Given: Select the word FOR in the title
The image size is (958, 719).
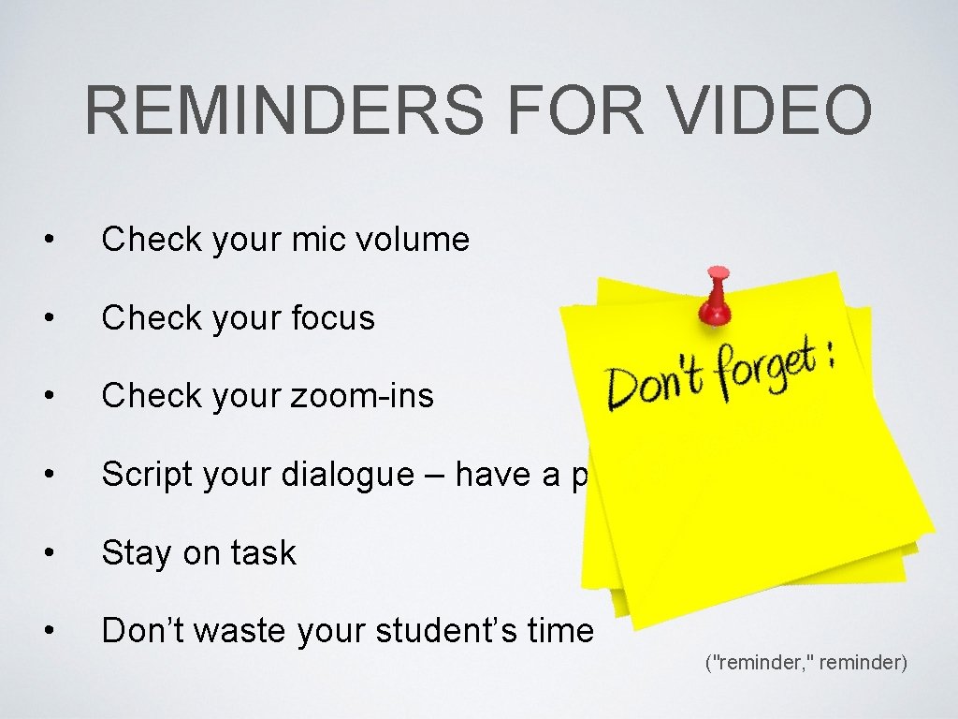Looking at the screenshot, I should (x=572, y=110).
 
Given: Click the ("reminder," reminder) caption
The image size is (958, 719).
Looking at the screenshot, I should (x=806, y=663).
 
